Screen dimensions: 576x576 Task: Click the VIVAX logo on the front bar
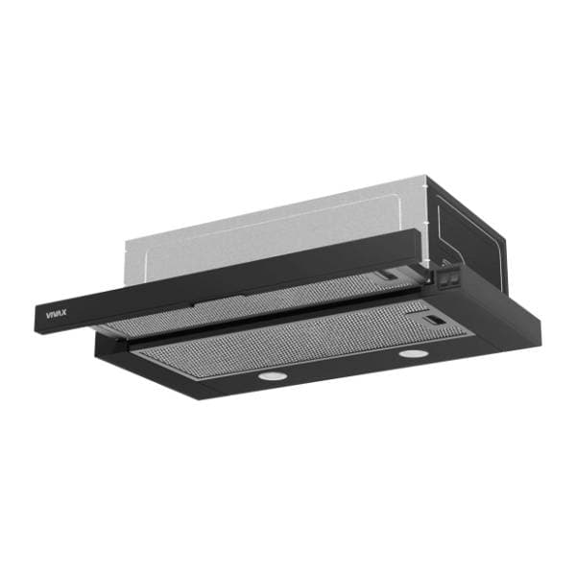point(57,314)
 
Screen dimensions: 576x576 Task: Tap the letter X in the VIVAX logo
point(64,313)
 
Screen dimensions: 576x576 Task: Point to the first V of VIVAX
point(48,315)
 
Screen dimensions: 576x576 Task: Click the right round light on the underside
point(414,353)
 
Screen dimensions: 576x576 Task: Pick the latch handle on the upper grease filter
point(389,275)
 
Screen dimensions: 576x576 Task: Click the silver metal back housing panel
point(276,235)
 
